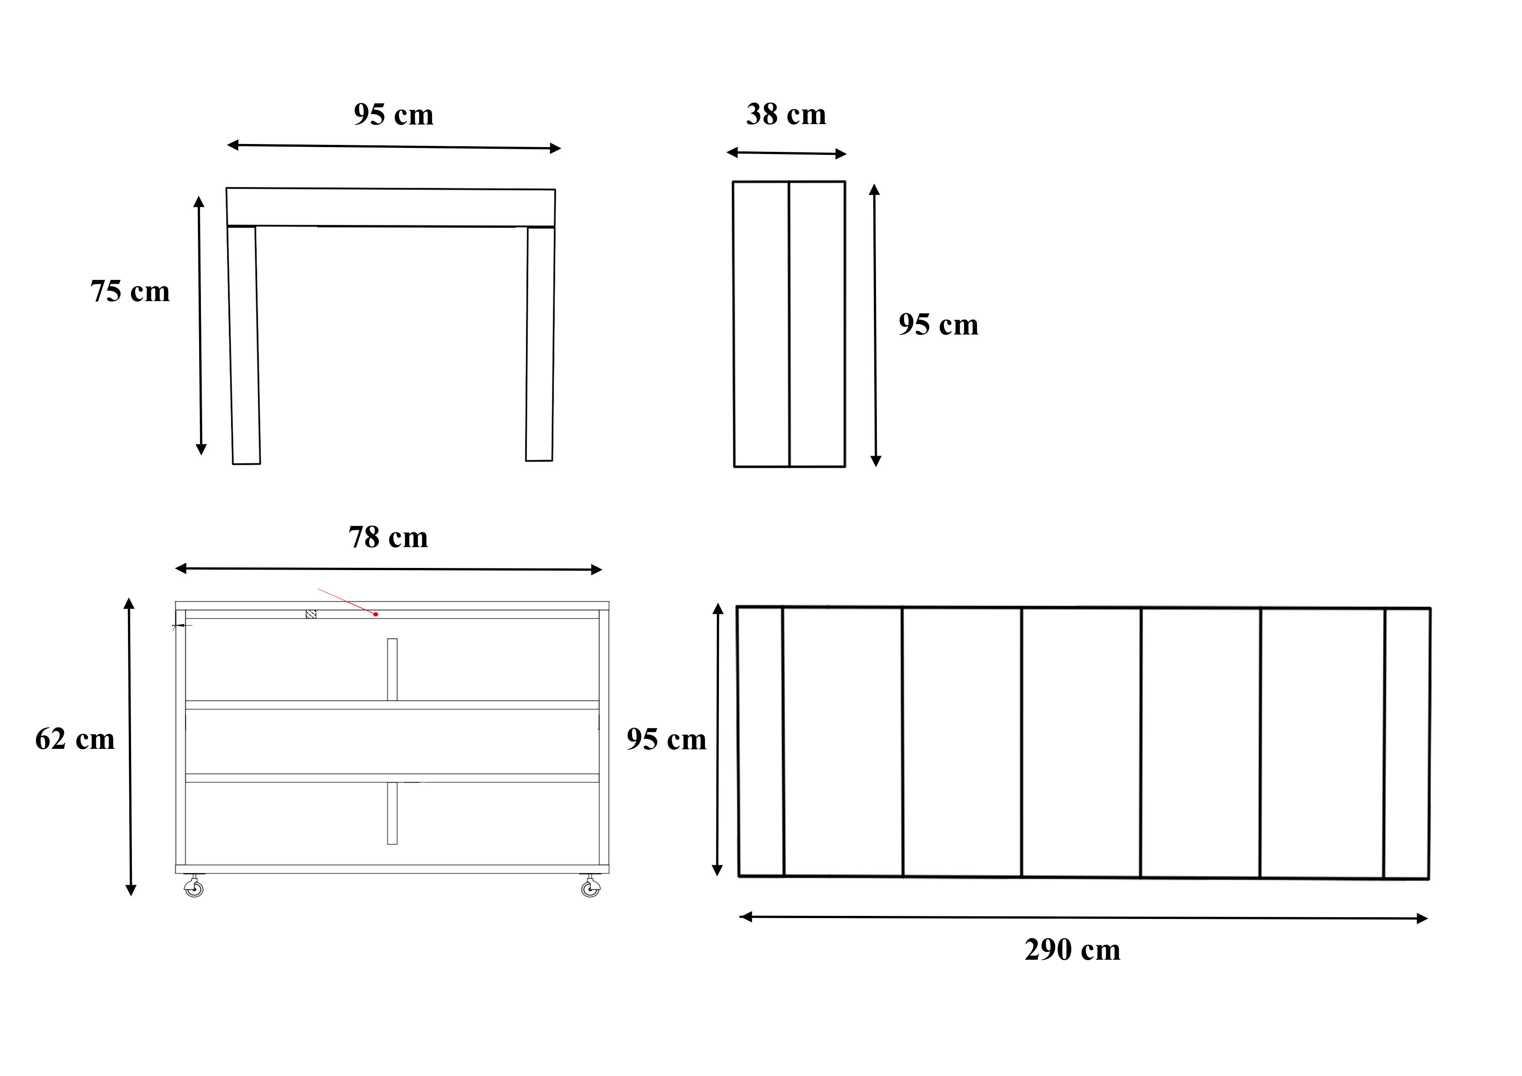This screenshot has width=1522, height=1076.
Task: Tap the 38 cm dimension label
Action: pyautogui.click(x=786, y=115)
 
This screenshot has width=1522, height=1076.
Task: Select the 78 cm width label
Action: pyautogui.click(x=388, y=538)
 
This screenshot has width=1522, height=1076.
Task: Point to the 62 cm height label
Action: pyautogui.click(x=75, y=739)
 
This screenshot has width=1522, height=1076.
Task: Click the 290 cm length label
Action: pyautogui.click(x=1072, y=950)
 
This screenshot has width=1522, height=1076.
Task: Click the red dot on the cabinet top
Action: pyautogui.click(x=376, y=614)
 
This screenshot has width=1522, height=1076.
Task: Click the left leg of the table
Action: pyautogui.click(x=244, y=345)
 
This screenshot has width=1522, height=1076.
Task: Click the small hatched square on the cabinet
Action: pyautogui.click(x=310, y=614)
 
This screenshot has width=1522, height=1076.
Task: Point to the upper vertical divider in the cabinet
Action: pyautogui.click(x=393, y=669)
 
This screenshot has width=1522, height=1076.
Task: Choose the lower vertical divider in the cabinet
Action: pyautogui.click(x=393, y=814)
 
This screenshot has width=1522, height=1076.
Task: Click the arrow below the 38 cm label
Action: pyautogui.click(x=786, y=153)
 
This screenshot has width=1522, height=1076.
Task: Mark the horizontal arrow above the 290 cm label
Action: pyautogui.click(x=1083, y=918)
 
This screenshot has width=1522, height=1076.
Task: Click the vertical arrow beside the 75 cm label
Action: pyautogui.click(x=200, y=325)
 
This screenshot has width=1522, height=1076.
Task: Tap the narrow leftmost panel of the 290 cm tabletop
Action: pyautogui.click(x=760, y=741)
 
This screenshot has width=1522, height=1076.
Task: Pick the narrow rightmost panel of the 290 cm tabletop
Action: pyautogui.click(x=1407, y=744)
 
